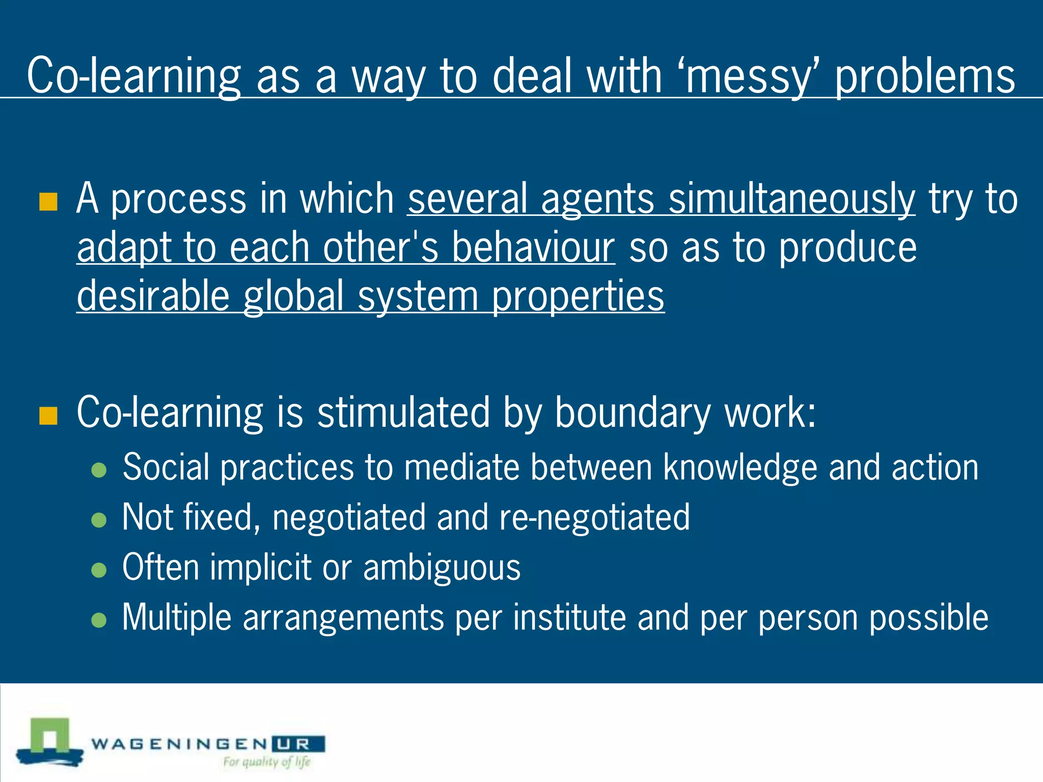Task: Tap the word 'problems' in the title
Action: (x=925, y=76)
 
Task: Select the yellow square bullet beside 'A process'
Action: (x=48, y=202)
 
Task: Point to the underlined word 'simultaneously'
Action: (x=792, y=199)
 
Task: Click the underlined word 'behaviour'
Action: (x=534, y=247)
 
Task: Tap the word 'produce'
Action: (x=848, y=247)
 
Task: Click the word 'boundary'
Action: (x=632, y=412)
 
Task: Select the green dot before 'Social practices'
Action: (x=99, y=470)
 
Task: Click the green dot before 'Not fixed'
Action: (x=99, y=520)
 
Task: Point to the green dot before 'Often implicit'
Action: (x=99, y=570)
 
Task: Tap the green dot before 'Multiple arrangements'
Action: (x=99, y=620)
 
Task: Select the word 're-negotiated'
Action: (x=594, y=517)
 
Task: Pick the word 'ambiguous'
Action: (x=442, y=567)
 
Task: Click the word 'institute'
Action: (x=569, y=617)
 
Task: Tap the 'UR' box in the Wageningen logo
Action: (x=298, y=744)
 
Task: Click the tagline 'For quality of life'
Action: (x=267, y=762)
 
